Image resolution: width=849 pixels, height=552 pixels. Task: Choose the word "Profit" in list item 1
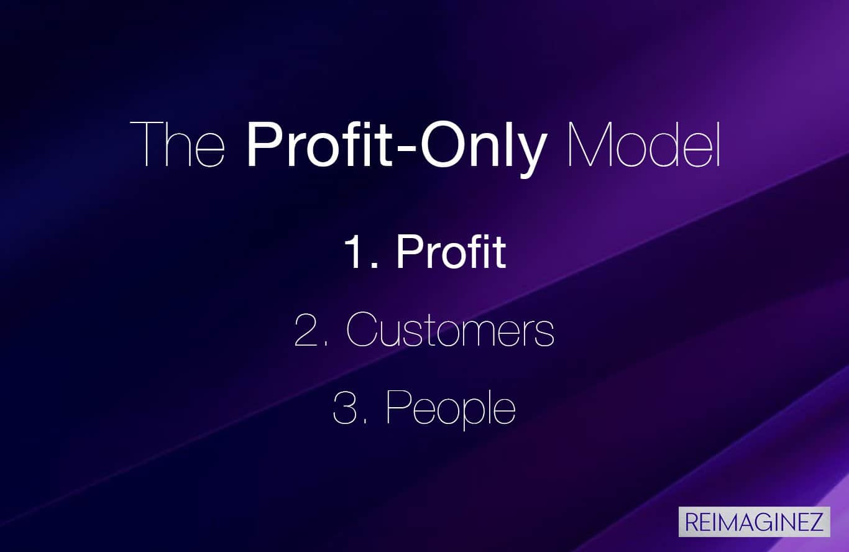pos(451,251)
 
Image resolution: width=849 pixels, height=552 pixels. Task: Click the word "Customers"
pos(450,329)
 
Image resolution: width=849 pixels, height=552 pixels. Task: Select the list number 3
pos(344,407)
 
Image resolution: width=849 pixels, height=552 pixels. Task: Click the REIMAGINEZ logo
pos(755,522)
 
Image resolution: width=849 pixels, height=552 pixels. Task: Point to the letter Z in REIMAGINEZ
pos(815,522)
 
